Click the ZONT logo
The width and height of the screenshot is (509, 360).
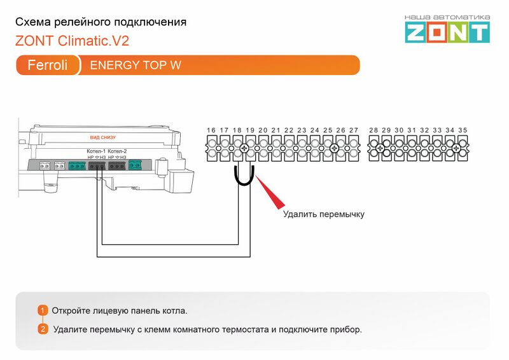click(x=448, y=32)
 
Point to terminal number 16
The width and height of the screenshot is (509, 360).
click(x=211, y=130)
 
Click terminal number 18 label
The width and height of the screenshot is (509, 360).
click(x=237, y=130)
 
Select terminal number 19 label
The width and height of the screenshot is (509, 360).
click(x=250, y=130)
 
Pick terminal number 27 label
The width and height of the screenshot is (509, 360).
click(x=354, y=130)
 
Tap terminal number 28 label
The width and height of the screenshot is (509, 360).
click(x=373, y=130)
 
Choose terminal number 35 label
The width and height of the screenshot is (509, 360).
click(x=463, y=130)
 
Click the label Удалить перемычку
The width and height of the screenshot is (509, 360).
click(x=323, y=214)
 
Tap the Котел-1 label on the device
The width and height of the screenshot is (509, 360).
click(x=96, y=151)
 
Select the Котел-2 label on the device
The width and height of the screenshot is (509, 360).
click(x=118, y=151)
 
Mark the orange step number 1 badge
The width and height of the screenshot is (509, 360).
click(x=43, y=310)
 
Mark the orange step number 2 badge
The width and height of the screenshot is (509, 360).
click(x=43, y=329)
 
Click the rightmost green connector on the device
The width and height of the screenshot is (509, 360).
click(x=136, y=166)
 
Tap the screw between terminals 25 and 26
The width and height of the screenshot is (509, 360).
click(x=335, y=149)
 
